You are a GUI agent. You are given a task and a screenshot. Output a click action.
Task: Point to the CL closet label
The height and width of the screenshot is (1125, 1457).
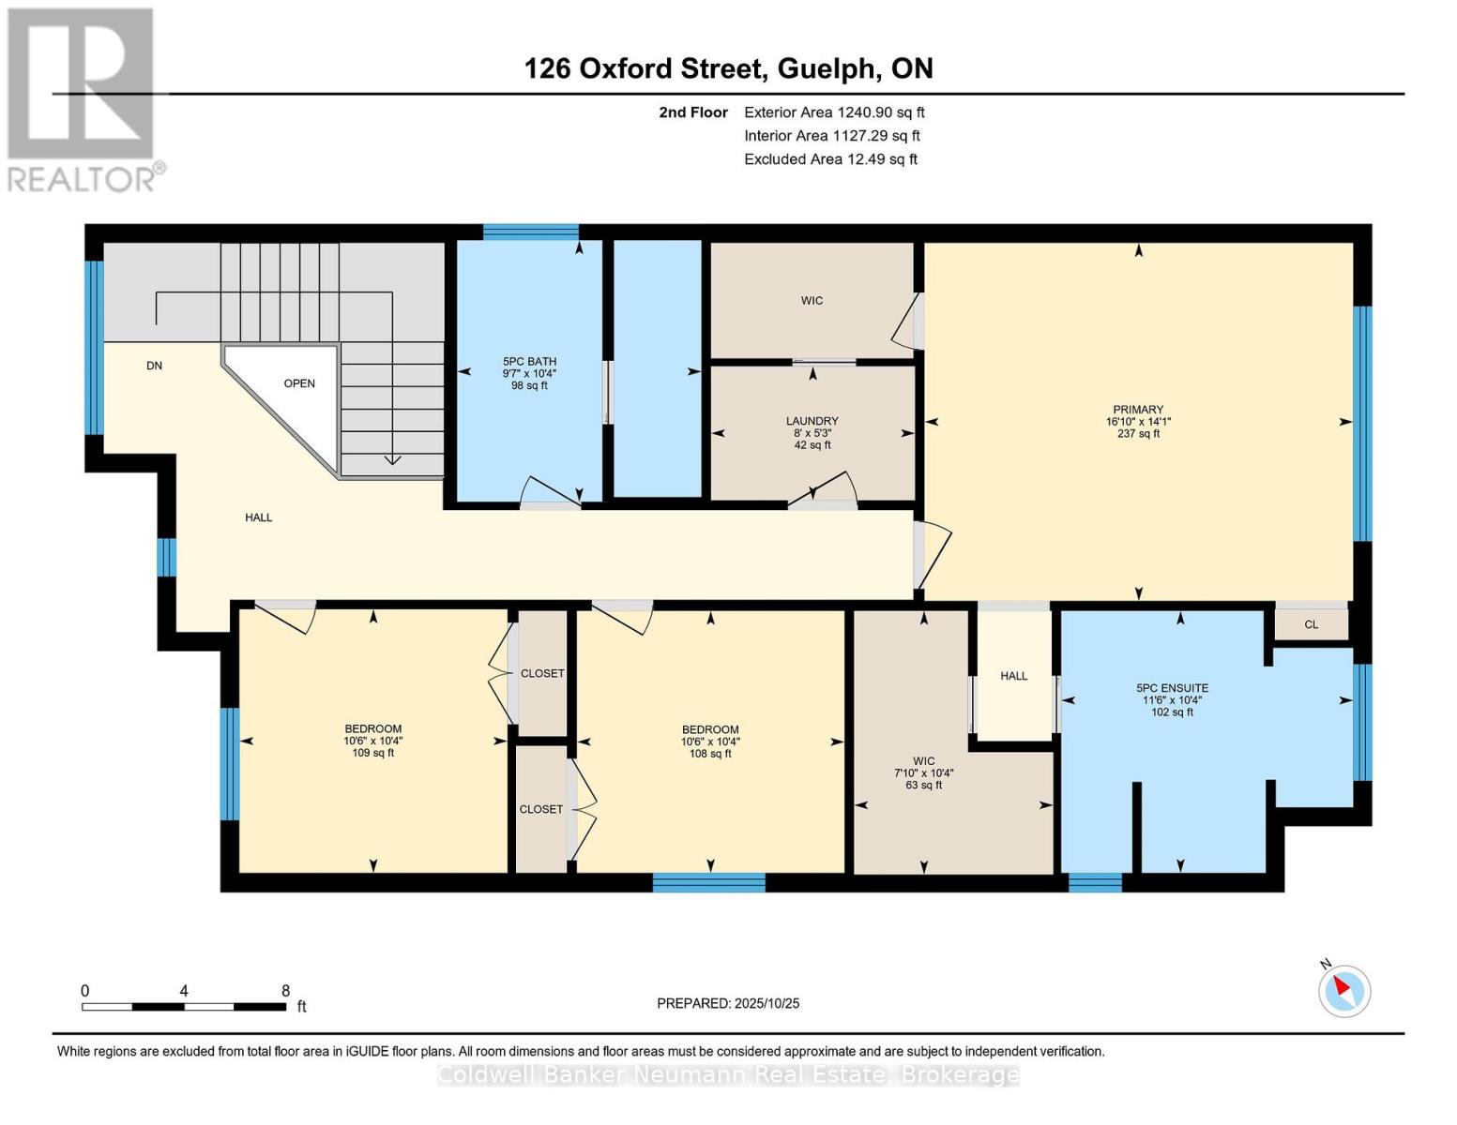pos(1311,624)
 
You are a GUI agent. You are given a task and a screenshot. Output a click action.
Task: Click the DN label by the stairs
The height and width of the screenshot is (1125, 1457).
pos(155,366)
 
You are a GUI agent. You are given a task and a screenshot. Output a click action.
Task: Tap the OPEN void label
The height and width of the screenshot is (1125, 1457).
pos(299,383)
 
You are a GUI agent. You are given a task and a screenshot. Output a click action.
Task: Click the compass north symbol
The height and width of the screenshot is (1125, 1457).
pos(1343,989)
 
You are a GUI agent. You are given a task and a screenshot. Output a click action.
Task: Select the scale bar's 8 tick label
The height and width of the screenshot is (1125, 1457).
pos(285,991)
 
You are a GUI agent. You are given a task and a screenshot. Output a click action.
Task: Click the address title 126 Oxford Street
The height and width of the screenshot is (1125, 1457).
pos(728,68)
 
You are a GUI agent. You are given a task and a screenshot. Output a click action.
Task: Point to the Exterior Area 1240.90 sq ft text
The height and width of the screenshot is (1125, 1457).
pos(834,112)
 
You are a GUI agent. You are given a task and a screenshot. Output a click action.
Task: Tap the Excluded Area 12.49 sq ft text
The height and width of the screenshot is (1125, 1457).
pos(830,159)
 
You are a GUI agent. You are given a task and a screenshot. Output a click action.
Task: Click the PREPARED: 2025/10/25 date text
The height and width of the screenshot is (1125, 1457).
pos(728,1003)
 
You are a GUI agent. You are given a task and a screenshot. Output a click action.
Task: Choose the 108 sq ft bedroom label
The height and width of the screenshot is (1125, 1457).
pos(710,753)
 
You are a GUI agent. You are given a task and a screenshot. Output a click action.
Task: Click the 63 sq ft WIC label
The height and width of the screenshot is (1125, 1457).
pos(924,785)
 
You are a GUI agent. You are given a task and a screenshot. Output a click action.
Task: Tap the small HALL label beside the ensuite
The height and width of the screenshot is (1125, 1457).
pos(1013,676)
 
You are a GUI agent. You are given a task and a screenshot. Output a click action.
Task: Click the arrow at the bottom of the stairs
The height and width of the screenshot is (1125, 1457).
pos(392,458)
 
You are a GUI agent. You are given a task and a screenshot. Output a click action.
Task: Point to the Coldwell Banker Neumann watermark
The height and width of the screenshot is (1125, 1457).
pos(728,1075)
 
